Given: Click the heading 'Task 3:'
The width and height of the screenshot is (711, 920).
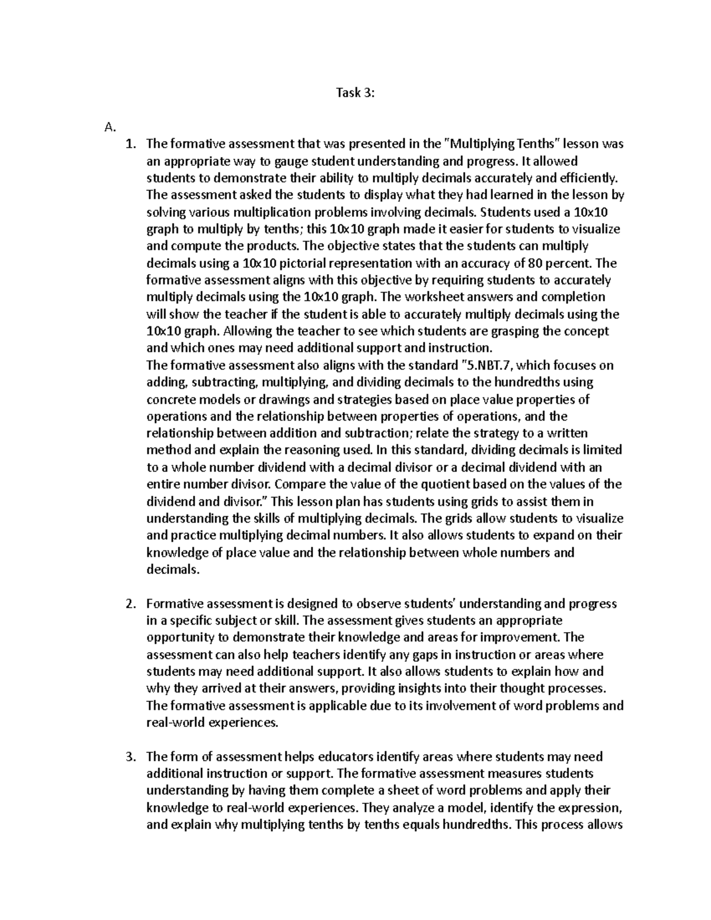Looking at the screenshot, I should pyautogui.click(x=355, y=92).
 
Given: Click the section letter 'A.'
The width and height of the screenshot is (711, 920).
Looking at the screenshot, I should pyautogui.click(x=108, y=127).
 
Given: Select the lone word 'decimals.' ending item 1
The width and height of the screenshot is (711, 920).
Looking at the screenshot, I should pyautogui.click(x=173, y=570).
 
